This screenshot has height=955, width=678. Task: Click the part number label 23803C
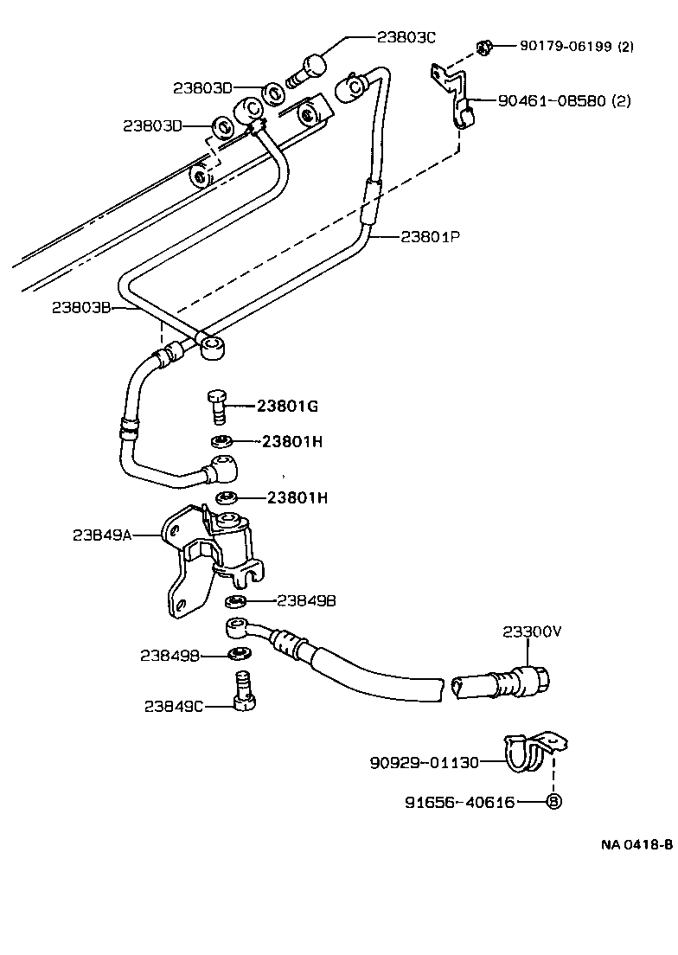coord(406,37)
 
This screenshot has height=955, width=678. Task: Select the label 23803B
coord(80,306)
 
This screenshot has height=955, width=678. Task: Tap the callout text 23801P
coord(429,235)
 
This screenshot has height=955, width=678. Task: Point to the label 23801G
coord(287,406)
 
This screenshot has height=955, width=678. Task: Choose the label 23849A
coord(101,535)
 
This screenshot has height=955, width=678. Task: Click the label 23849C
coord(173,705)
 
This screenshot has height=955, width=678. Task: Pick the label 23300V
coord(532,631)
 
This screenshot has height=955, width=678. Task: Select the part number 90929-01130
coord(424,762)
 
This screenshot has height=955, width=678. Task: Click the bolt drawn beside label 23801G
coord(218,404)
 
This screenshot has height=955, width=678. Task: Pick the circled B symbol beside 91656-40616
coord(553,802)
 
